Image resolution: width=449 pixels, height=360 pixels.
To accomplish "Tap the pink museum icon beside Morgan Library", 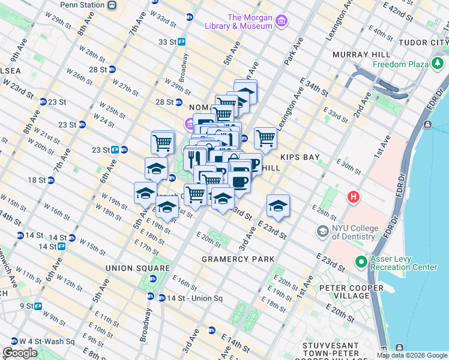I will click(281, 23).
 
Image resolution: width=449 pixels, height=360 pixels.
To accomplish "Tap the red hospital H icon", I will click(354, 197).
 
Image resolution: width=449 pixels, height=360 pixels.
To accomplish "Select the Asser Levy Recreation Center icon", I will click(361, 262).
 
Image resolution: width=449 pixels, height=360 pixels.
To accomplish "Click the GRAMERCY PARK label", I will click(238, 259).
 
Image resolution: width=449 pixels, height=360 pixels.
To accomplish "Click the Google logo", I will click(20, 353).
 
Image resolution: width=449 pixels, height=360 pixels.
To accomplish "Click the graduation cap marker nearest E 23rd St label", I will click(278, 206).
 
